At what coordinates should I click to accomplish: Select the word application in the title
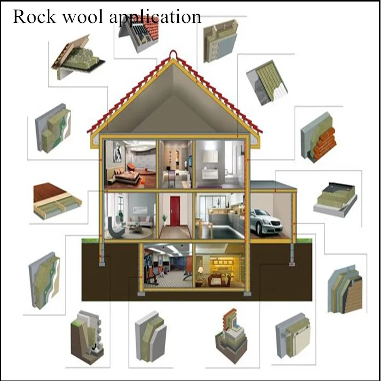click(155, 17)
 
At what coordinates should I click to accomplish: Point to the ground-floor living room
click(130, 216)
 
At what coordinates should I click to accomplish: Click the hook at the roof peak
click(173, 54)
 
